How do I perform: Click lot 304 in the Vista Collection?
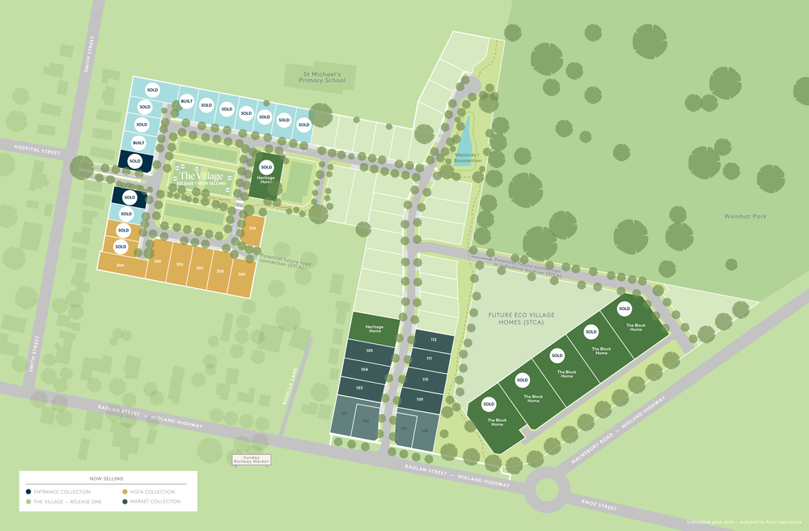pyautogui.click(x=120, y=265)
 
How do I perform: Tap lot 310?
pyautogui.click(x=253, y=228)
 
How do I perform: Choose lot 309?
pyautogui.click(x=241, y=274)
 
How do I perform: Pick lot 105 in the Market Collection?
pyautogui.click(x=369, y=350)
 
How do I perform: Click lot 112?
pyautogui.click(x=433, y=339)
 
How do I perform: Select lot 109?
pyautogui.click(x=420, y=400)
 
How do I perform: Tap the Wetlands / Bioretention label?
pyautogui.click(x=468, y=157)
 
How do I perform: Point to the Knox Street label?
pyautogui.click(x=599, y=508)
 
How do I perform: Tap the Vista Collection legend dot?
pyautogui.click(x=125, y=491)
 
